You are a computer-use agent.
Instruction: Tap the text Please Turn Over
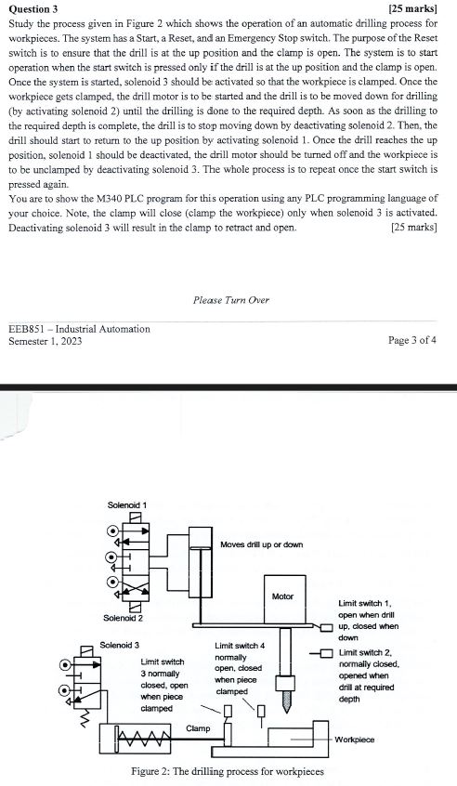pyautogui.click(x=230, y=299)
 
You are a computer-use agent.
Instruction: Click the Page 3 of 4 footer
pyautogui.click(x=412, y=340)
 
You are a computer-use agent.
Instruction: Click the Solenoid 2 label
pyautogui.click(x=124, y=618)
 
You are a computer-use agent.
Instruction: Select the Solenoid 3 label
pyautogui.click(x=119, y=645)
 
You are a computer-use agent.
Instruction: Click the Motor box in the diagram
pyautogui.click(x=283, y=595)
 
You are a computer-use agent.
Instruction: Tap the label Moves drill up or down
pyautogui.click(x=261, y=544)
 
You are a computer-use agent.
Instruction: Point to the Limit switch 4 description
pyautogui.click(x=240, y=668)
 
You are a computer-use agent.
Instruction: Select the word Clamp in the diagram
pyautogui.click(x=198, y=727)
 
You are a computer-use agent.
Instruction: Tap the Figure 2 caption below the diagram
pyautogui.click(x=228, y=772)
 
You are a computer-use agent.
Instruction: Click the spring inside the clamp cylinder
pyautogui.click(x=145, y=740)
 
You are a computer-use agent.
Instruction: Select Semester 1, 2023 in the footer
pyautogui.click(x=45, y=341)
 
